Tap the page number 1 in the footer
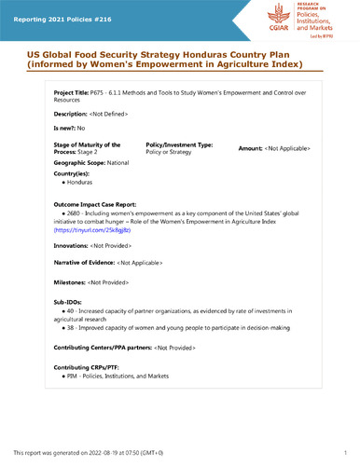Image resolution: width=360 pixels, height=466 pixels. (345, 451)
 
